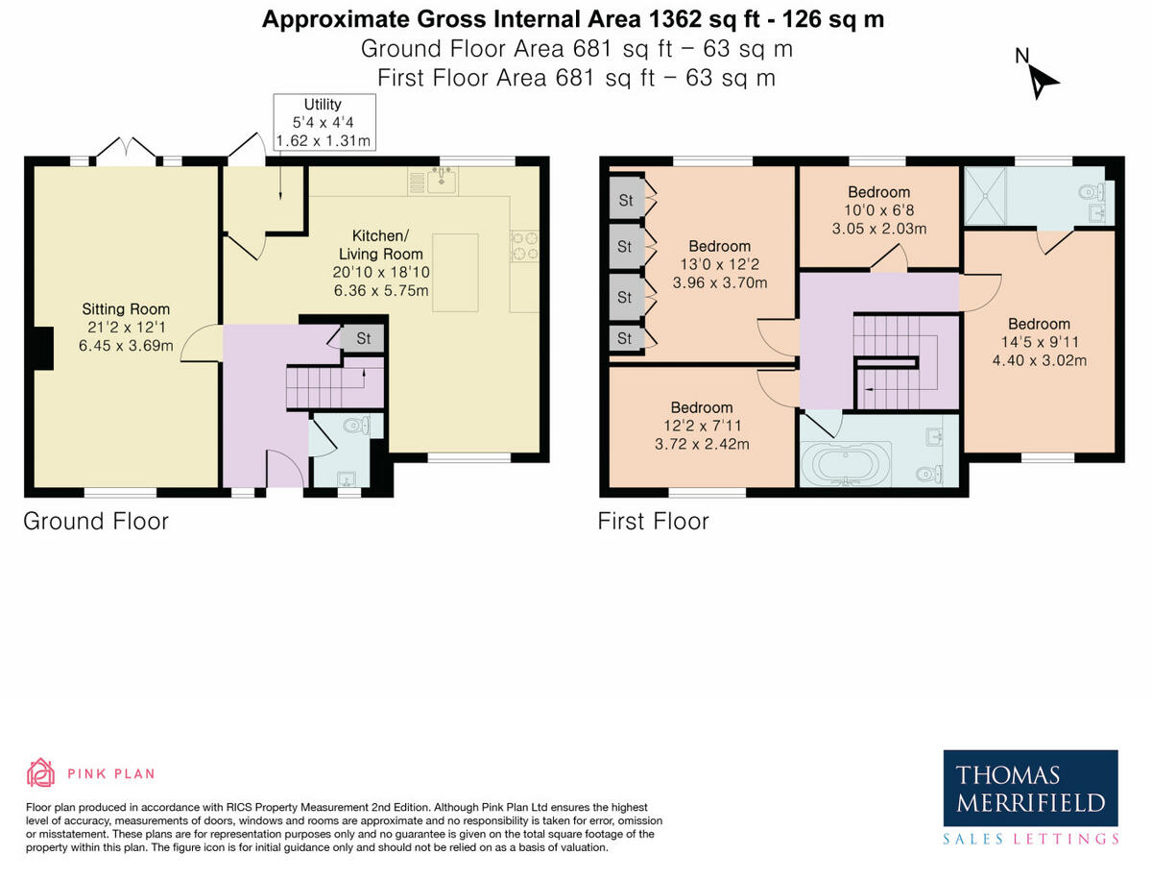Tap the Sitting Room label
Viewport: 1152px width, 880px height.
pyautogui.click(x=126, y=309)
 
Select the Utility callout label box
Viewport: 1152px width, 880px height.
pyautogui.click(x=323, y=122)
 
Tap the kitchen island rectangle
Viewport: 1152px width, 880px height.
pyautogui.click(x=455, y=272)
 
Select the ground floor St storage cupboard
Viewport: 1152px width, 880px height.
pyautogui.click(x=364, y=338)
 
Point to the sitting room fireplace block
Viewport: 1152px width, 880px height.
pyautogui.click(x=41, y=348)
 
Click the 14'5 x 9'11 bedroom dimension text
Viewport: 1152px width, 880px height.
pyautogui.click(x=1039, y=343)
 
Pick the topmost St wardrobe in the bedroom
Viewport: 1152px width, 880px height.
pyautogui.click(x=624, y=200)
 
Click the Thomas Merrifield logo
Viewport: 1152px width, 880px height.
pyautogui.click(x=1031, y=789)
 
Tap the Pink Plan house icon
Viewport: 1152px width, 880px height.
pyautogui.click(x=40, y=773)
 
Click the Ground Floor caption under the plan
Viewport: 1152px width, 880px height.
pyautogui.click(x=96, y=522)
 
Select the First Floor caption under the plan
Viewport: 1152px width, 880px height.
pyautogui.click(x=653, y=522)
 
